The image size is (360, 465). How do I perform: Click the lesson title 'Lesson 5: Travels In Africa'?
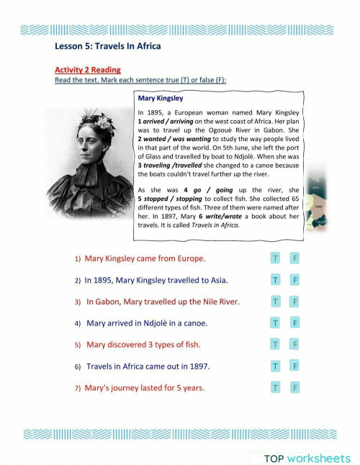click(108, 47)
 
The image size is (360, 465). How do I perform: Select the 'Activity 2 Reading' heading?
click(88, 70)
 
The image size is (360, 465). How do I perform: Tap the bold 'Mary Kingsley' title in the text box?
click(166, 99)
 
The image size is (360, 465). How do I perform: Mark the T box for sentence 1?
click(275, 258)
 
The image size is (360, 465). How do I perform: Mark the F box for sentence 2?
click(295, 279)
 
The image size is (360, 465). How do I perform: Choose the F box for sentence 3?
click(295, 301)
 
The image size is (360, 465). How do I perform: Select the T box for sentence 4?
click(275, 323)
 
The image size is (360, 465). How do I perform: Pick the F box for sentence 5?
click(295, 345)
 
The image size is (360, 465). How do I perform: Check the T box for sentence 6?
click(275, 366)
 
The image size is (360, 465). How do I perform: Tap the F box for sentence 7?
click(295, 388)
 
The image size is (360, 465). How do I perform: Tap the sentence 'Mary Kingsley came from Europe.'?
click(145, 258)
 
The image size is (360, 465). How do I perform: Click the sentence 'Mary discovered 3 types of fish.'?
click(143, 345)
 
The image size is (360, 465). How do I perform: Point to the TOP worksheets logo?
click(307, 458)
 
